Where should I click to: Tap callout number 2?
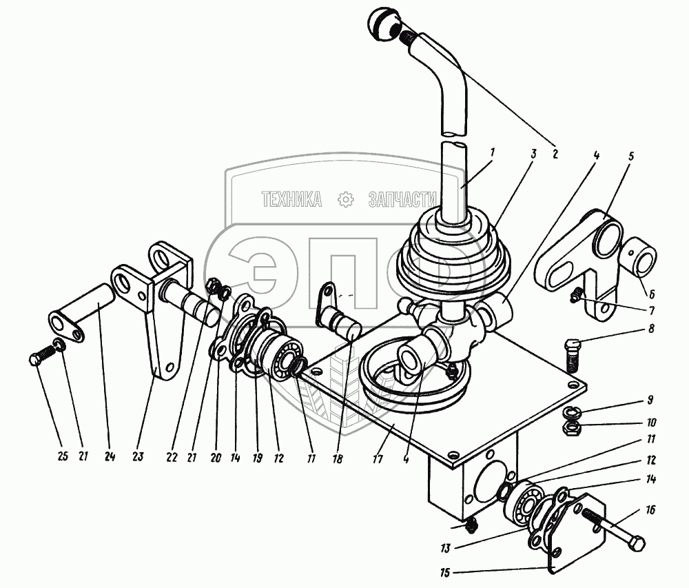point(555,153)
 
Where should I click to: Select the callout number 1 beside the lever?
point(491,151)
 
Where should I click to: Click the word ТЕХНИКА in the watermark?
point(291,200)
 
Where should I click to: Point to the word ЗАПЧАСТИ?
point(403,200)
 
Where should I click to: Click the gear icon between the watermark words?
point(344,200)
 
